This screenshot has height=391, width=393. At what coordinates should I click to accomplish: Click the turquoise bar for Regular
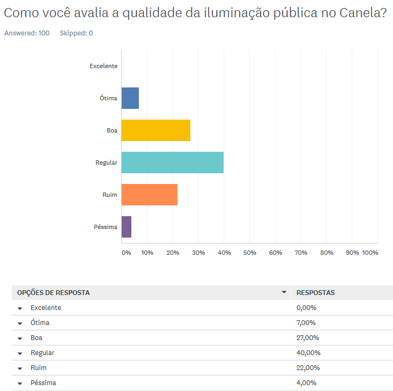point(172,163)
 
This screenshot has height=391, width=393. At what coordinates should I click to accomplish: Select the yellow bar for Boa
point(155,130)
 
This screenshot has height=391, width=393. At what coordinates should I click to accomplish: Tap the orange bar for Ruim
point(149,195)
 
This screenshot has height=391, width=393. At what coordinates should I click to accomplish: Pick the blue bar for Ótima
point(130,98)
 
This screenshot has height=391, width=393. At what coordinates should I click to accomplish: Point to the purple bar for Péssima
point(126,227)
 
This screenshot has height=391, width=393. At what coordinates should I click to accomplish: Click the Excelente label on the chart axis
point(103,66)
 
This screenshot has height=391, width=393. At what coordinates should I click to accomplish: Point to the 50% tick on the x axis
point(249,253)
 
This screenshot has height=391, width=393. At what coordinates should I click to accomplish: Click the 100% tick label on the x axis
point(370,253)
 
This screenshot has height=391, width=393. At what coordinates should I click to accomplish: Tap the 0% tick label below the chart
point(126,253)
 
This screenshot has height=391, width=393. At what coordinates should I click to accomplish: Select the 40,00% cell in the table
point(308,353)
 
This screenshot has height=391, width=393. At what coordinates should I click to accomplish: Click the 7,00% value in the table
point(306,323)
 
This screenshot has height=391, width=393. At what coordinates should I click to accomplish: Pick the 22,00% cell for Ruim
point(308,368)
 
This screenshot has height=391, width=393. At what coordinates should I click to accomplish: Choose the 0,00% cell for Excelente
point(306,308)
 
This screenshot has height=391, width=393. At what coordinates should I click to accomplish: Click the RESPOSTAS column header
point(315,293)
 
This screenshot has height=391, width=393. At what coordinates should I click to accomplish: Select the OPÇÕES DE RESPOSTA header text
point(54,293)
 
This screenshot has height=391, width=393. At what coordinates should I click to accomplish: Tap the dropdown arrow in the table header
point(284,293)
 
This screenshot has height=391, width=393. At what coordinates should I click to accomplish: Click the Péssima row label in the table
point(43,383)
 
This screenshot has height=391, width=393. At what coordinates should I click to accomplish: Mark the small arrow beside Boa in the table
point(20,338)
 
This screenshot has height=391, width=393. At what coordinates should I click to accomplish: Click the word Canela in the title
point(361,14)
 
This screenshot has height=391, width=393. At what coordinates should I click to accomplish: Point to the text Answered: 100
point(27,33)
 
